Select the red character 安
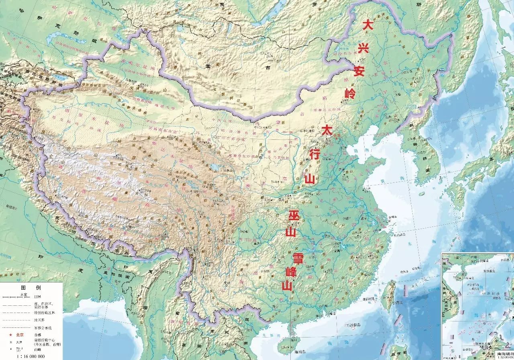359,72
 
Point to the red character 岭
350,94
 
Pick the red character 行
315,154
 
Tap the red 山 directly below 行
310,178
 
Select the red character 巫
294,216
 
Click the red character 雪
298,257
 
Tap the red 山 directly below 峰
287,286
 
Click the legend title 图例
31,288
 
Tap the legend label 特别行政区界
47,312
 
